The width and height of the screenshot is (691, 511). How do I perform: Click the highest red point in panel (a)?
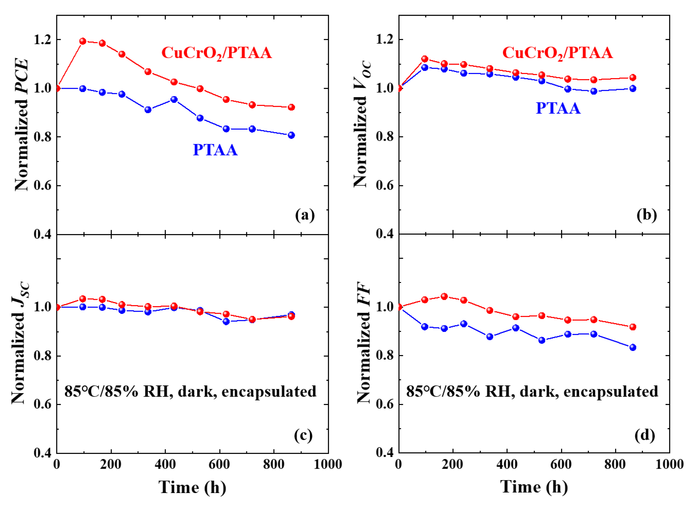[x=83, y=41]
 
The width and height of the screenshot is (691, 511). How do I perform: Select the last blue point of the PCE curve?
[x=291, y=135]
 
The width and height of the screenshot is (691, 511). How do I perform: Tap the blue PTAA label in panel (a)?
[x=215, y=150]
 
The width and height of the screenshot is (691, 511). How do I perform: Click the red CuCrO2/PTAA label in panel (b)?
[x=557, y=53]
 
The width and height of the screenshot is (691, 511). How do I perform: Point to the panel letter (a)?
[x=305, y=215]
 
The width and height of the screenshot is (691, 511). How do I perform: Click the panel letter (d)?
[x=645, y=435]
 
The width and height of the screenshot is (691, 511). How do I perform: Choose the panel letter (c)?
[x=303, y=435]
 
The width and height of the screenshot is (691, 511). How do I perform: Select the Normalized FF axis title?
[x=364, y=342]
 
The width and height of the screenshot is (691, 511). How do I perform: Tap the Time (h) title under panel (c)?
[x=192, y=487]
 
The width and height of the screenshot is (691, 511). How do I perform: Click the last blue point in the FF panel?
[x=633, y=347]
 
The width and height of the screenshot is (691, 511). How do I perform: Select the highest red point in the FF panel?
[x=444, y=296]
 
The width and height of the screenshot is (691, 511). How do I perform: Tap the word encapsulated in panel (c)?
[x=269, y=392]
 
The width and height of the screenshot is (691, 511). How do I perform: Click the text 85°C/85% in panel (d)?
[x=442, y=392]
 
